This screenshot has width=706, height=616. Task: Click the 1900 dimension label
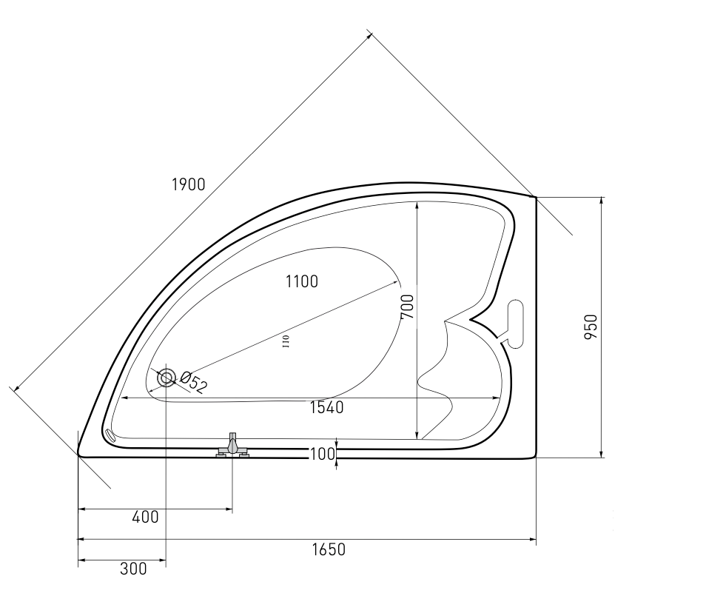pyautogui.click(x=189, y=184)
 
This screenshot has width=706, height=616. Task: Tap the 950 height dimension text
pyautogui.click(x=591, y=327)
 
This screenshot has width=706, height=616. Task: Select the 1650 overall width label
pyautogui.click(x=329, y=550)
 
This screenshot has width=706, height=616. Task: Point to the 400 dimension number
pyautogui.click(x=146, y=517)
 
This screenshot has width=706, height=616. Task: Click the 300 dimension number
pyautogui.click(x=133, y=569)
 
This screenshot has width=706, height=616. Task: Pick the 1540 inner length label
pyautogui.click(x=327, y=407)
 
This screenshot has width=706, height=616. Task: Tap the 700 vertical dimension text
pyautogui.click(x=407, y=307)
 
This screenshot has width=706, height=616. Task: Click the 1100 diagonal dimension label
pyautogui.click(x=302, y=281)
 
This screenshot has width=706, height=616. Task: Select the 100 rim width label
pyautogui.click(x=323, y=454)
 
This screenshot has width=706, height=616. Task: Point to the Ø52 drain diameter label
pyautogui.click(x=194, y=382)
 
